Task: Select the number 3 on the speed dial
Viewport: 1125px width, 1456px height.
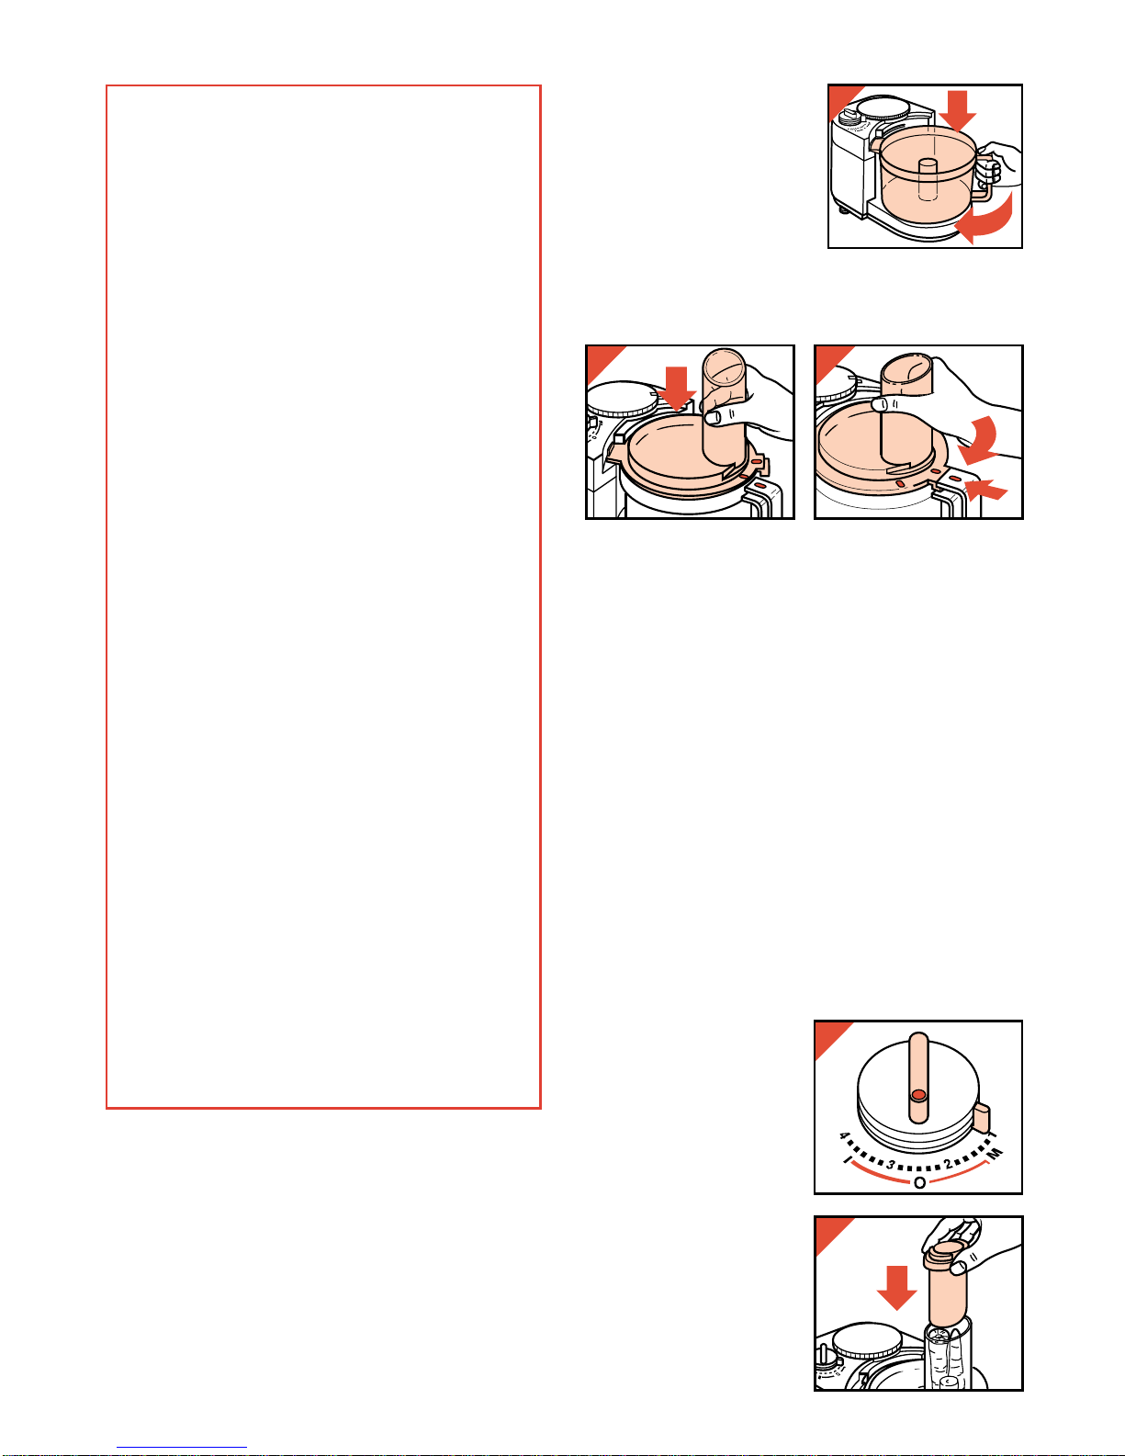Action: click(x=891, y=1165)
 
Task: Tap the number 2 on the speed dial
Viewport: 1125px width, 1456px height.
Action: click(x=948, y=1164)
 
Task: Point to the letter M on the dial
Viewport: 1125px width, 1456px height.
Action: click(x=996, y=1153)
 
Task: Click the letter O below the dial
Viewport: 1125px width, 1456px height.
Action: click(x=919, y=1183)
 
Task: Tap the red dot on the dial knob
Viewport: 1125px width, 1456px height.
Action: click(x=918, y=1095)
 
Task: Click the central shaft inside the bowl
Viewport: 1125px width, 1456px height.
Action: click(x=927, y=179)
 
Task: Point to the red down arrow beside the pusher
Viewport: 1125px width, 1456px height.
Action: click(x=896, y=1288)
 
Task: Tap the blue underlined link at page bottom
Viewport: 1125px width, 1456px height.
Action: click(x=182, y=1448)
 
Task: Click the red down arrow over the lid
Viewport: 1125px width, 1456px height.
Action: click(x=676, y=389)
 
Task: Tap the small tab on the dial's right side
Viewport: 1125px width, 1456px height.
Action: click(x=983, y=1120)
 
